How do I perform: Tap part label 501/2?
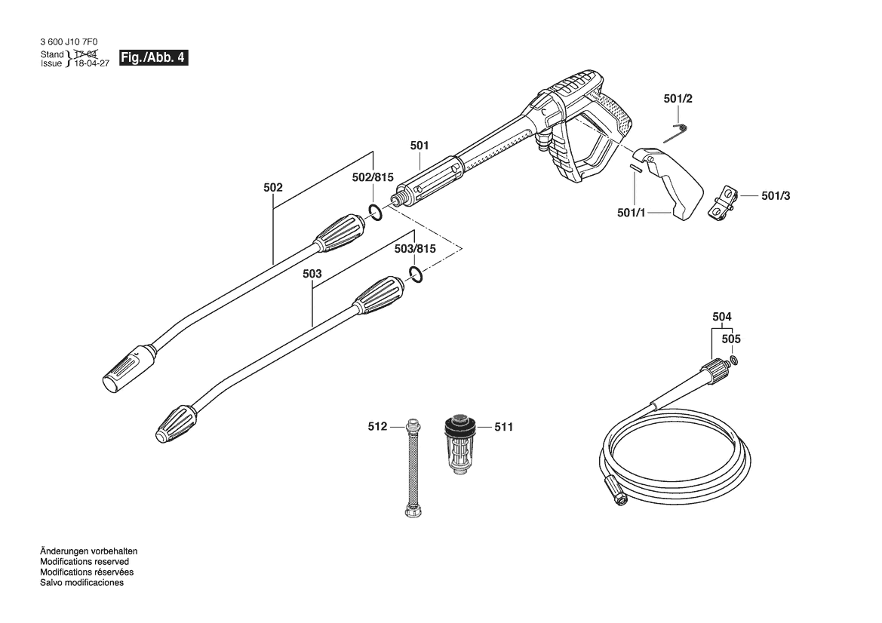click(x=678, y=99)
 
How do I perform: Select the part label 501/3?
click(x=776, y=196)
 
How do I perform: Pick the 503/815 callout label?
click(x=415, y=249)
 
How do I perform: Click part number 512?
click(x=377, y=427)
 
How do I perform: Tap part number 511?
click(x=503, y=427)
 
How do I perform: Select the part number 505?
click(x=730, y=339)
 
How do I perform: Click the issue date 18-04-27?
click(x=89, y=64)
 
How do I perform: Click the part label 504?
click(x=721, y=317)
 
